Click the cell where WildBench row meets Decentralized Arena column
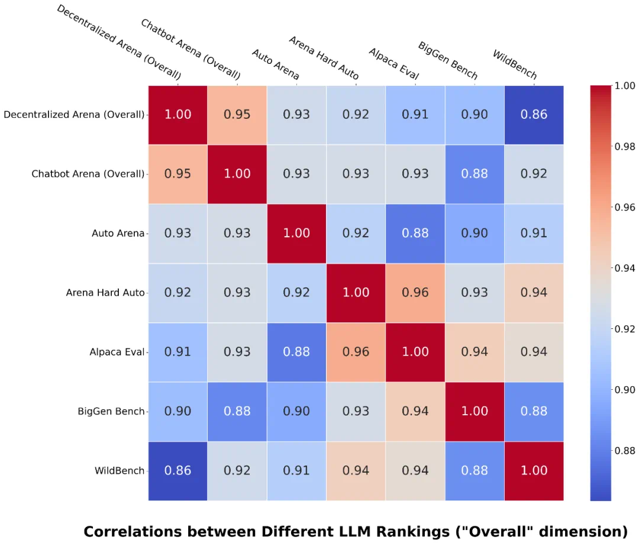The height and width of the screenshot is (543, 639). click(177, 470)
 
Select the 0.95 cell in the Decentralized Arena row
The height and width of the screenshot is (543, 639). click(237, 114)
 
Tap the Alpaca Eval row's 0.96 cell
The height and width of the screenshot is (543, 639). click(356, 352)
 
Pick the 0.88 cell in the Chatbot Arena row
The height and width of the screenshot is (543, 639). click(475, 174)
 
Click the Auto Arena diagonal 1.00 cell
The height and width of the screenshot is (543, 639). click(296, 233)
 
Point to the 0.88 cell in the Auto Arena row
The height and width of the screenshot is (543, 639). click(415, 233)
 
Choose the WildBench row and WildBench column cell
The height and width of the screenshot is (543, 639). click(534, 470)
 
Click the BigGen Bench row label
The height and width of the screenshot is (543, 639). click(111, 411)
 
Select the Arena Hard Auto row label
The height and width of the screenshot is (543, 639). click(105, 293)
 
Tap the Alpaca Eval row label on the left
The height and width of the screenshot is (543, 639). click(117, 352)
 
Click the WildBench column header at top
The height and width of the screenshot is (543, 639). click(515, 64)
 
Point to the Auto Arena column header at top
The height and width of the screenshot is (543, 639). click(275, 64)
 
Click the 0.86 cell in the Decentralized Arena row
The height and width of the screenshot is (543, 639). click(534, 114)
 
